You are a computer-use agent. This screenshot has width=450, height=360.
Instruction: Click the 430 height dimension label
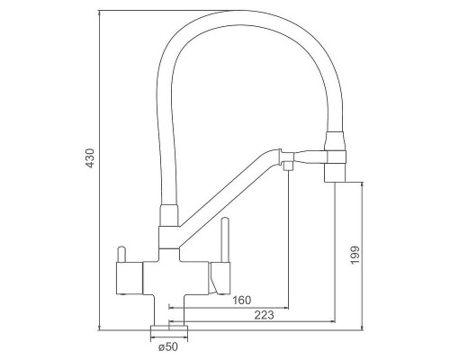click(90, 158)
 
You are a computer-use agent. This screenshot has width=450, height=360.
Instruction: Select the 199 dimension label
click(355, 256)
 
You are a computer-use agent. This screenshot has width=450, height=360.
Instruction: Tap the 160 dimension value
click(242, 300)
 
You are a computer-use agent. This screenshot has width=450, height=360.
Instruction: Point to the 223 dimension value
click(264, 315)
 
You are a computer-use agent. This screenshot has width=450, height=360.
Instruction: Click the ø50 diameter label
click(168, 346)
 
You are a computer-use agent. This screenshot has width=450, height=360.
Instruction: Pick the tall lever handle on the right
click(225, 239)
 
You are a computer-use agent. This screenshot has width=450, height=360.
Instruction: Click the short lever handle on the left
click(121, 254)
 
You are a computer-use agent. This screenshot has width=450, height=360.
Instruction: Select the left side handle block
click(129, 278)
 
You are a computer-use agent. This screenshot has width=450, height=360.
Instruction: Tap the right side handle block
click(220, 278)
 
